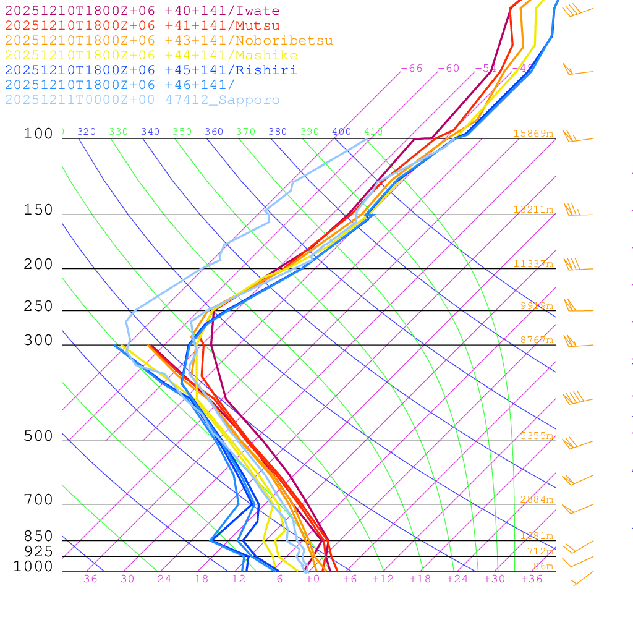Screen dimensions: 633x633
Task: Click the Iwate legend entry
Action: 142,11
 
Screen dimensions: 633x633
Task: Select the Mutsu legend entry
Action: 142,26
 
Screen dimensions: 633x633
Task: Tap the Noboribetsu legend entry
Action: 169,41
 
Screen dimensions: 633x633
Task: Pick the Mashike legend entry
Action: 151,56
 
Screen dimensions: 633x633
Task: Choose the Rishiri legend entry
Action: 151,70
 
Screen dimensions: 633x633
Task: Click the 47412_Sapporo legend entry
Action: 142,100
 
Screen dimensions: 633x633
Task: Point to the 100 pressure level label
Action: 38,134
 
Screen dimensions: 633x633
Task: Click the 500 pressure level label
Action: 38,437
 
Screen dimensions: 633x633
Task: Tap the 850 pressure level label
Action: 38,537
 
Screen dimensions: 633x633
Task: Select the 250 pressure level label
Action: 38,307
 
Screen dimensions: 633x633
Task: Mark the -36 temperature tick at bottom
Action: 86,579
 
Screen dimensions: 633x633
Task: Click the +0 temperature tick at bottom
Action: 312,579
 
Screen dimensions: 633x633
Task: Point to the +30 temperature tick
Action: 494,579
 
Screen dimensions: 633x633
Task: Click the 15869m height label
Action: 533,134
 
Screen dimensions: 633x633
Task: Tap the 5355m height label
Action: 536,436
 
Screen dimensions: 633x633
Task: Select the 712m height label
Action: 540,551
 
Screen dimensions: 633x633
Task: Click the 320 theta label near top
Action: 87,132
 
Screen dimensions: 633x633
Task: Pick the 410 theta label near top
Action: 373,132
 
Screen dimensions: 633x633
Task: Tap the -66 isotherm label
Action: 412,69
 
